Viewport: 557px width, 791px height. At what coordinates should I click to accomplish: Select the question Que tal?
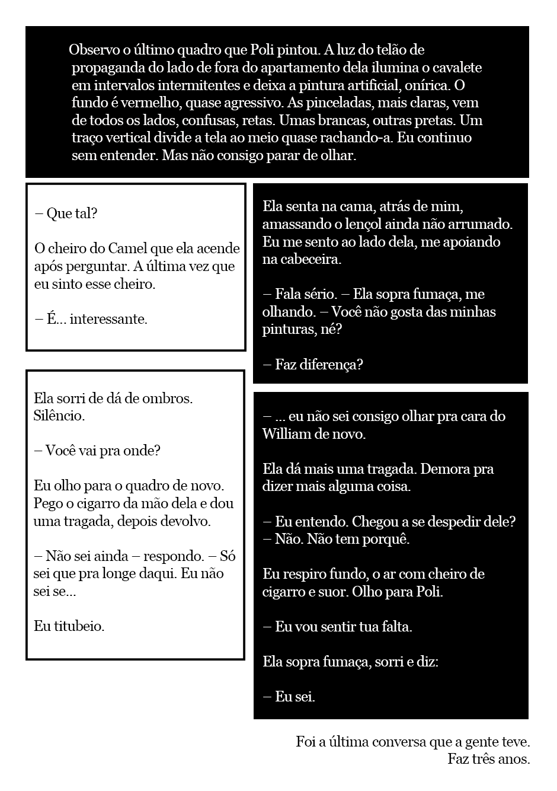71,214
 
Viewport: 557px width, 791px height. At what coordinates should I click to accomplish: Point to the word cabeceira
309,260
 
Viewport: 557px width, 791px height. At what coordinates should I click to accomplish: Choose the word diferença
334,365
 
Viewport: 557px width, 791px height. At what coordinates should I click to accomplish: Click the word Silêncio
59,416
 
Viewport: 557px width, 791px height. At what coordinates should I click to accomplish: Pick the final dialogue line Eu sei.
295,697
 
